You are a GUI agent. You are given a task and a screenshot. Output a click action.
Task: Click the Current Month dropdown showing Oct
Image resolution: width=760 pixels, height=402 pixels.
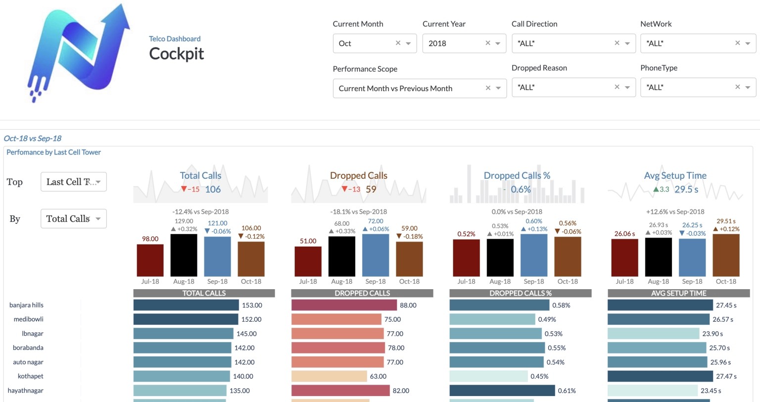tap(366, 44)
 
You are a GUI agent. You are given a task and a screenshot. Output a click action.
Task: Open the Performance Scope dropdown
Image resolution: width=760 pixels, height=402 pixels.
tap(411, 89)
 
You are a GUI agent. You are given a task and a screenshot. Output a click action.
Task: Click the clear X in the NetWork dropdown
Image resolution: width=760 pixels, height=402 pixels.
tap(737, 43)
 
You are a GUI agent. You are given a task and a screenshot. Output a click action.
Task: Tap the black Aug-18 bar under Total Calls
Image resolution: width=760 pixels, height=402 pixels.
tap(184, 255)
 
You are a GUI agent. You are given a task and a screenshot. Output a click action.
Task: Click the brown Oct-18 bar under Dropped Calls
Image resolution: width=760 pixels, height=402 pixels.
tap(409, 259)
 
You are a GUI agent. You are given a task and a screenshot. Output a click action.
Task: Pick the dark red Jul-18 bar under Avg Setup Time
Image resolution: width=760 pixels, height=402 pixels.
tap(624, 258)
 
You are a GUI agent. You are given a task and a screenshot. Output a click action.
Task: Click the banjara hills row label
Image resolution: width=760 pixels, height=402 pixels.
tap(27, 305)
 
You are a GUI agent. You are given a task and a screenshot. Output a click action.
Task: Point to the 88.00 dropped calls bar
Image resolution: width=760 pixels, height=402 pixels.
tap(344, 305)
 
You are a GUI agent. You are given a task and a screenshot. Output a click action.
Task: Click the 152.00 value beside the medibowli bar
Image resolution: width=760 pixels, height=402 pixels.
tap(251, 319)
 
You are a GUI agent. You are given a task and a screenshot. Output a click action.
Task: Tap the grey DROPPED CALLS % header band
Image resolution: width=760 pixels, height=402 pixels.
tap(520, 293)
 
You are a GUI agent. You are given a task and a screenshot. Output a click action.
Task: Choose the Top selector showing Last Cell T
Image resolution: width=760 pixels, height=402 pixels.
tap(73, 182)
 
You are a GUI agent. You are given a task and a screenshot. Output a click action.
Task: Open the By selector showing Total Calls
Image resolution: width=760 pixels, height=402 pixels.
tap(73, 219)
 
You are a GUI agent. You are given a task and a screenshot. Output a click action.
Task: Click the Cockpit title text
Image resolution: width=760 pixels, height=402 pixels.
tap(177, 53)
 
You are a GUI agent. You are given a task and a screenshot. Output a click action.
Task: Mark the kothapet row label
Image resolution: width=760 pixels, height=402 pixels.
tap(31, 376)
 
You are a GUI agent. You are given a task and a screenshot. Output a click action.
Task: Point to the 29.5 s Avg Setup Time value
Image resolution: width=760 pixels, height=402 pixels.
tap(686, 189)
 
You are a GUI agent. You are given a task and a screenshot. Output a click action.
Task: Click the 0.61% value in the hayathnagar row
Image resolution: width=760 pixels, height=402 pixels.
tap(567, 391)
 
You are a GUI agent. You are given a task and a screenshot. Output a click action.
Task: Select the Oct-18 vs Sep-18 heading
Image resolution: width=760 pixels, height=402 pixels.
tap(33, 138)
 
